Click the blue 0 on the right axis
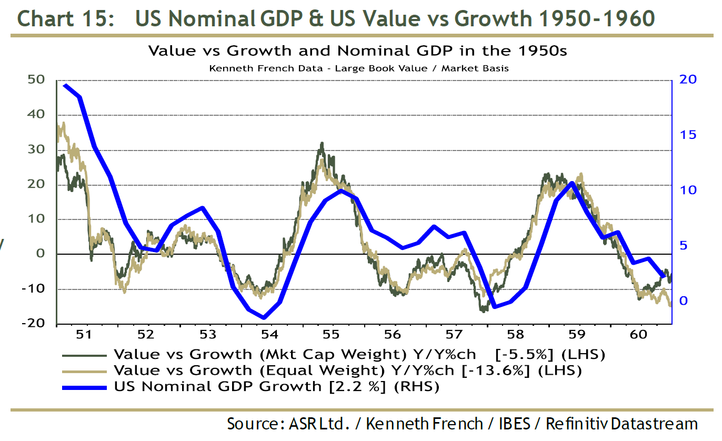click(684, 301)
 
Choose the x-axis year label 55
click(330, 335)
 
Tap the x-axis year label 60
click(639, 335)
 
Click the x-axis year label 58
click(515, 335)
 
